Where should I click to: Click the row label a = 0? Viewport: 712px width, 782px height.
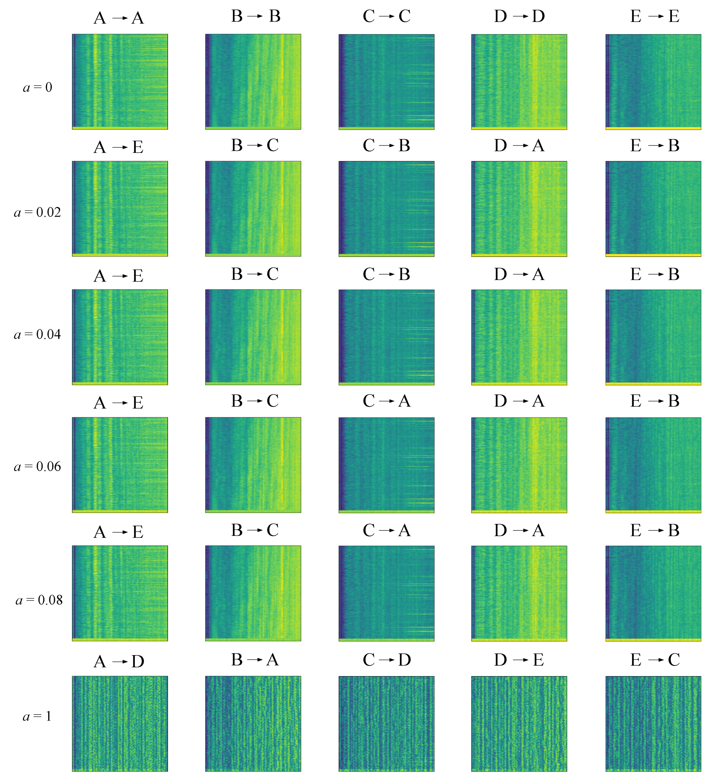tap(38, 87)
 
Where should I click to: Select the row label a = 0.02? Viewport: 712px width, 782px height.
tap(38, 212)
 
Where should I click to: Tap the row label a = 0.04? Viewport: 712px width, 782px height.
tap(38, 334)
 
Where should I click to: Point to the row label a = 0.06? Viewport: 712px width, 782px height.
tap(38, 467)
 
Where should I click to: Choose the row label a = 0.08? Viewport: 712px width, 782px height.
tap(39, 600)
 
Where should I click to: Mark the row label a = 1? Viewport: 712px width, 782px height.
tap(37, 716)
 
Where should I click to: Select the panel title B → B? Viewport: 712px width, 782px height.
tap(256, 16)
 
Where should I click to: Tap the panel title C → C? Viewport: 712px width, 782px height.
tap(387, 16)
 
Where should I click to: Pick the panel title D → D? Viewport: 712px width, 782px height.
tap(519, 16)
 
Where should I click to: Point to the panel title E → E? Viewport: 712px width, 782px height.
tap(654, 16)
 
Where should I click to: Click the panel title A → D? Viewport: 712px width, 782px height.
tap(119, 662)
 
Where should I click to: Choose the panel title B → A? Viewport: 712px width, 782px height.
tap(255, 660)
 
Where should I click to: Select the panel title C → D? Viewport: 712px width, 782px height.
tap(387, 660)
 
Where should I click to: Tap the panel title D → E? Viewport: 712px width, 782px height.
tap(519, 660)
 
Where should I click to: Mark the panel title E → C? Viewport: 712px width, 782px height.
tap(654, 660)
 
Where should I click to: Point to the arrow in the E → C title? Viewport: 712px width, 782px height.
tap(655, 660)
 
